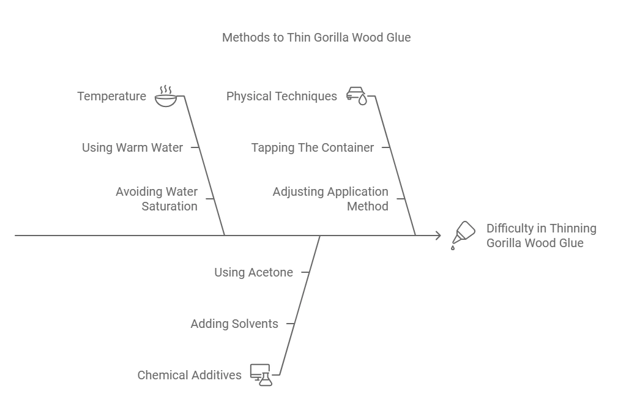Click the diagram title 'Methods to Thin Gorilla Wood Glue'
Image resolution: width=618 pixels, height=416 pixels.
click(x=316, y=37)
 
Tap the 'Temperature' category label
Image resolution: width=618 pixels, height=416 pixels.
click(x=111, y=96)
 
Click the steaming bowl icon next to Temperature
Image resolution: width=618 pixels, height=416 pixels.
click(x=165, y=96)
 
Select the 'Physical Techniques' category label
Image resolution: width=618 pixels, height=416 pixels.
click(x=281, y=96)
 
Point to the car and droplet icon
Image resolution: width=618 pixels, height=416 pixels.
click(x=357, y=95)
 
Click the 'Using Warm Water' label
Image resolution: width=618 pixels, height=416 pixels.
click(x=132, y=147)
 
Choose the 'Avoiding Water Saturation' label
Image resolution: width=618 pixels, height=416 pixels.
click(x=157, y=199)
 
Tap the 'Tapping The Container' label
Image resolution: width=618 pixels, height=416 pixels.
click(x=312, y=147)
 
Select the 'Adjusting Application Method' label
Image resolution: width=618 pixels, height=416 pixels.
click(x=330, y=199)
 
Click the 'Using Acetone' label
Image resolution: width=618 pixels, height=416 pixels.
click(x=253, y=272)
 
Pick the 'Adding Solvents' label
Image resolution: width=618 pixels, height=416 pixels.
click(x=234, y=324)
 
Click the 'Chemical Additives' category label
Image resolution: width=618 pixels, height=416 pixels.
click(x=189, y=375)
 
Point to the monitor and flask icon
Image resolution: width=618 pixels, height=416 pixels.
click(x=261, y=375)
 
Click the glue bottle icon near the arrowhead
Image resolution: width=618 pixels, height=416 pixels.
click(x=463, y=235)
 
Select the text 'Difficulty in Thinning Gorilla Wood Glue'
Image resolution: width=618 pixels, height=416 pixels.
click(x=541, y=236)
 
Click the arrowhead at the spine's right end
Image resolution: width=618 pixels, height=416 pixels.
click(x=437, y=235)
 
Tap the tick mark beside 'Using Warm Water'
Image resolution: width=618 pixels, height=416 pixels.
click(x=195, y=147)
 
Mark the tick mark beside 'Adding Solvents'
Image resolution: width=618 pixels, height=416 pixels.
click(x=291, y=324)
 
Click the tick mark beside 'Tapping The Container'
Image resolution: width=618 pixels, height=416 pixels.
click(x=386, y=147)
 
